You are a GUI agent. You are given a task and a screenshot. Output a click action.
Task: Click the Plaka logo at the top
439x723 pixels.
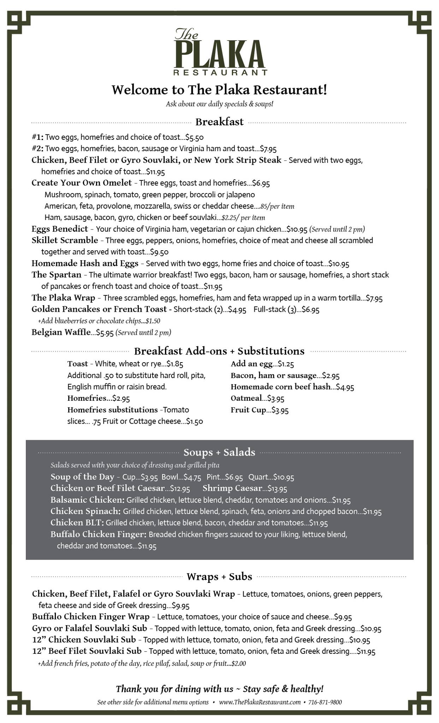tap(219, 52)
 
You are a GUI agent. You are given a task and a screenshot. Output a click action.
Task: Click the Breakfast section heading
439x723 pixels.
tap(219, 122)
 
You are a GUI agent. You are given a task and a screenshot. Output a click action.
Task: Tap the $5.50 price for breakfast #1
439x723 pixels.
tap(195, 137)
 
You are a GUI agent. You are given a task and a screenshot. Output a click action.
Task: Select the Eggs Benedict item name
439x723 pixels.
tap(60, 229)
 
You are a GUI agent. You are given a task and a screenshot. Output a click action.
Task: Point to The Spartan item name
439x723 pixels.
tap(57, 275)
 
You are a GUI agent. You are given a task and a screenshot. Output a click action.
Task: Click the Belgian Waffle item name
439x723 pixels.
tap(61, 332)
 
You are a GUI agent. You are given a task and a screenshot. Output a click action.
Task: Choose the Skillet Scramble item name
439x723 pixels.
tap(65, 240)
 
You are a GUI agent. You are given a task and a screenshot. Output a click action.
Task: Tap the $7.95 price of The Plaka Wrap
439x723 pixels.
tap(374, 298)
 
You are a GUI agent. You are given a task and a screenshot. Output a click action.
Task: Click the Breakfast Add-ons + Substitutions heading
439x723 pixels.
tap(219, 351)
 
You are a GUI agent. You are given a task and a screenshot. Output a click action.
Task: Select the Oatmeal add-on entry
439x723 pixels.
tap(246, 398)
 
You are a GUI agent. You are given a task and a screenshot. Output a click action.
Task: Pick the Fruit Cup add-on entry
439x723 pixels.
tap(248, 410)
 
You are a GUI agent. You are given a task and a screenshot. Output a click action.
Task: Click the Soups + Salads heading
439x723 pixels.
tap(219, 452)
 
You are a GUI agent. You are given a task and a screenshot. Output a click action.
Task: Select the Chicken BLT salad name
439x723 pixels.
tap(77, 522)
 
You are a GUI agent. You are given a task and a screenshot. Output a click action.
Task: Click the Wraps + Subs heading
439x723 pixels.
tap(219, 576)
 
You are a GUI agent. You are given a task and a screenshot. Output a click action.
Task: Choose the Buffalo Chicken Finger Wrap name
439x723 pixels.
tap(91, 617)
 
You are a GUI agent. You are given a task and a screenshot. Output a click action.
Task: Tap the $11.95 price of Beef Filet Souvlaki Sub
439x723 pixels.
tap(366, 651)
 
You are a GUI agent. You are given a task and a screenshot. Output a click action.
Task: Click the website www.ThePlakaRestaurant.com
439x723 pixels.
tap(260, 702)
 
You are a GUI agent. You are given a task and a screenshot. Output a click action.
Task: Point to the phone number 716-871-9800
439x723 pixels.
tap(325, 702)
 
